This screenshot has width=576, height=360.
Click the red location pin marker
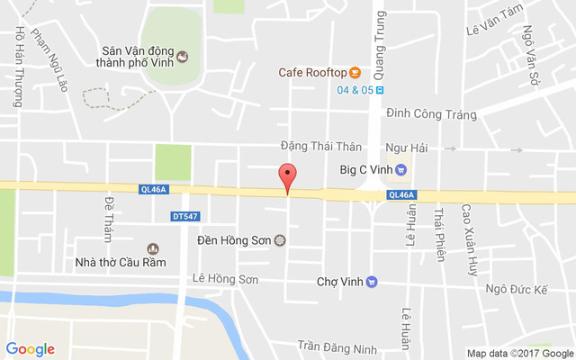pyautogui.click(x=287, y=177)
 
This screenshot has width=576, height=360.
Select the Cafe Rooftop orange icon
pyautogui.click(x=355, y=72)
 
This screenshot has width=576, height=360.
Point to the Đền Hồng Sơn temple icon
pyautogui.click(x=279, y=240)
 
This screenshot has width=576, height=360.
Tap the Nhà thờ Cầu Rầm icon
pyautogui.click(x=152, y=248)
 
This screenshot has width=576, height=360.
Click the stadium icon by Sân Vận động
pyautogui.click(x=182, y=57)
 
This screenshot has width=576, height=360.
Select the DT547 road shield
pyautogui.click(x=184, y=216)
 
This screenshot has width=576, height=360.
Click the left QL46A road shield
pyautogui.click(x=153, y=189)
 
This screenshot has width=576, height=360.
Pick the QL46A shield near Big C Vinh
pyautogui.click(x=401, y=194)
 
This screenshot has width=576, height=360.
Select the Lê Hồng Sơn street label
pyautogui.click(x=225, y=280)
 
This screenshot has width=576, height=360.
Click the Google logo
pyautogui.click(x=30, y=349)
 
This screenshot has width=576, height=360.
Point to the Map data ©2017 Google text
pyautogui.click(x=519, y=353)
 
